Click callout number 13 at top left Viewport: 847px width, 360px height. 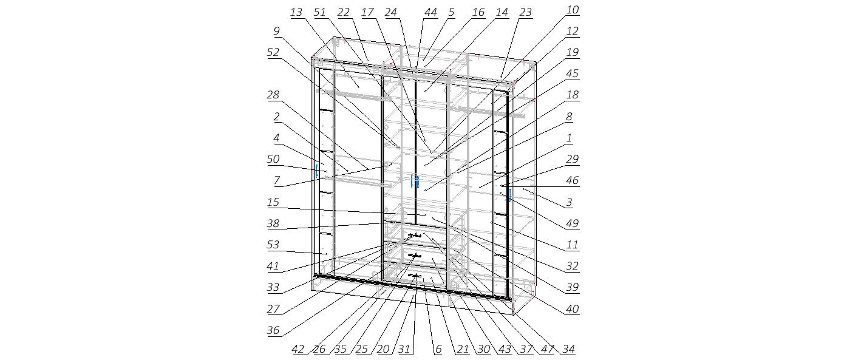pyautogui.click(x=296, y=12)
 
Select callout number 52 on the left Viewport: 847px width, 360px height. pyautogui.click(x=273, y=52)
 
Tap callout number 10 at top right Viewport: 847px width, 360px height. pyautogui.click(x=573, y=10)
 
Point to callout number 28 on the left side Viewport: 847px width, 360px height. pyautogui.click(x=273, y=95)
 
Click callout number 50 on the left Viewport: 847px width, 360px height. pyautogui.click(x=273, y=159)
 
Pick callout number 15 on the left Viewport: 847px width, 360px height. pyautogui.click(x=273, y=202)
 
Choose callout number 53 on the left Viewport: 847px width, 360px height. pyautogui.click(x=273, y=244)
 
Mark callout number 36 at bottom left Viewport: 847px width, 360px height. pyautogui.click(x=273, y=330)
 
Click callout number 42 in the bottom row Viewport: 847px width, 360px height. pyautogui.click(x=298, y=349)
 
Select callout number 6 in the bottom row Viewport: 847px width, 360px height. pyautogui.click(x=438, y=349)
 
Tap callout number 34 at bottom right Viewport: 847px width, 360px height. pyautogui.click(x=569, y=349)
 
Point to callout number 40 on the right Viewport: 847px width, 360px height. pyautogui.click(x=573, y=309)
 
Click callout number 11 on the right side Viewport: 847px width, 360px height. pyautogui.click(x=573, y=245)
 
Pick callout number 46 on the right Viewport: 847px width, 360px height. pyautogui.click(x=573, y=180)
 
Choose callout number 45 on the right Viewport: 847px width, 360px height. pyautogui.click(x=573, y=73)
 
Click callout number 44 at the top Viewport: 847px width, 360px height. pyautogui.click(x=430, y=12)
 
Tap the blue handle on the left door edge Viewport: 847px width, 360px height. pyautogui.click(x=317, y=171)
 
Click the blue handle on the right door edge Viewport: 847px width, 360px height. pyautogui.click(x=509, y=195)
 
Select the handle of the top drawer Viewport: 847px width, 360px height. pyautogui.click(x=415, y=236)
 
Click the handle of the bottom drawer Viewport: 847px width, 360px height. pyautogui.click(x=415, y=276)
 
